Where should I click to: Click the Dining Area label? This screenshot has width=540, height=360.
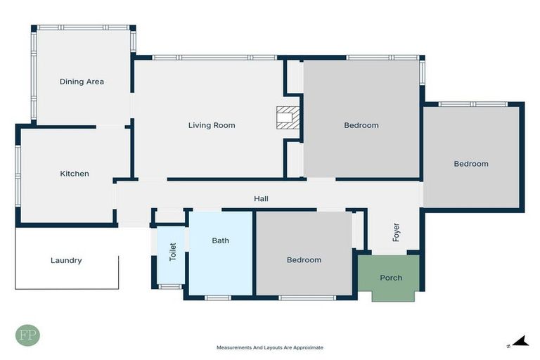82,82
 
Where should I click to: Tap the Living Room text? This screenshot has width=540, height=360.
212,126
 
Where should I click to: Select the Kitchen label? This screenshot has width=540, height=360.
75,174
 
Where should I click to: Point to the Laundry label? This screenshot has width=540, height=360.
66,260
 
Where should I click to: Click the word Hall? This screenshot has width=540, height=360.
261,199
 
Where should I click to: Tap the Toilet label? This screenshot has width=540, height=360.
172,252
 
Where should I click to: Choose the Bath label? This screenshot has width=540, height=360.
221,240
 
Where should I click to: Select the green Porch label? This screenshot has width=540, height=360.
391,278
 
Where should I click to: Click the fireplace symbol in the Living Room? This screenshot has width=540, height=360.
288,117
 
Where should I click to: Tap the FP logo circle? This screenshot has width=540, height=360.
27,335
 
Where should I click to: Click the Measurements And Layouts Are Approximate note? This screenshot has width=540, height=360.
270,347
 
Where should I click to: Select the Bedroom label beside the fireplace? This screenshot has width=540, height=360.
361,126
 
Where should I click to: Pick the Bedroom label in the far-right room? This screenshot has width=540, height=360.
470,164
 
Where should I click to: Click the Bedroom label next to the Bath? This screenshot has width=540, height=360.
304,260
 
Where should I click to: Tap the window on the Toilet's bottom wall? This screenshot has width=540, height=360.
169,286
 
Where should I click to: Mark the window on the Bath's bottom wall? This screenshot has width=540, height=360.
217,297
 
